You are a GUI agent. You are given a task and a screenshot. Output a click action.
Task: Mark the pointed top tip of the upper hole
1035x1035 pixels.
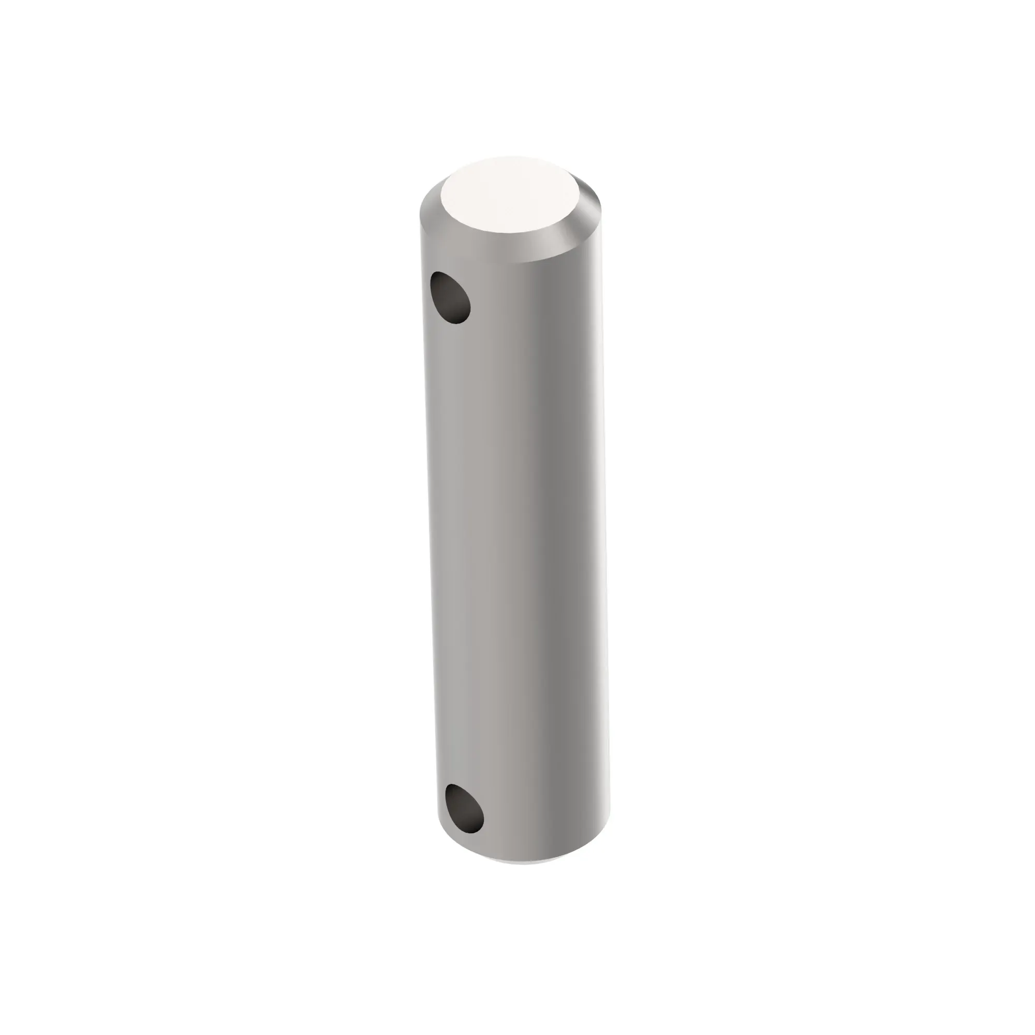pos(438,273)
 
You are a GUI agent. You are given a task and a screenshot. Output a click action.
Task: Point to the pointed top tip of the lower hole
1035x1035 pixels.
pos(451,787)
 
